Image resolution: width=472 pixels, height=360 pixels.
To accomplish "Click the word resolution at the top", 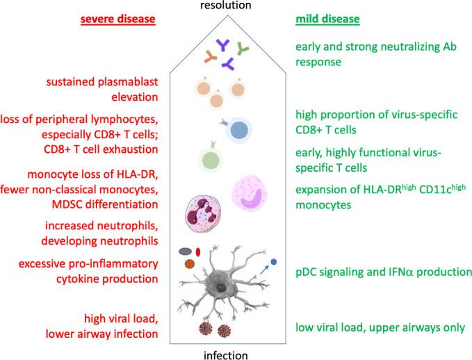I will pyautogui.click(x=236, y=7).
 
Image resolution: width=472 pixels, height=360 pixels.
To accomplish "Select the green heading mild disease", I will pyautogui.click(x=327, y=19).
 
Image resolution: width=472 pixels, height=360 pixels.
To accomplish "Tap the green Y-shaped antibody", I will pyautogui.click(x=243, y=48).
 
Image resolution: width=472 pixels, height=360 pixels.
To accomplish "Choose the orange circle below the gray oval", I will pyautogui.click(x=190, y=265).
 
